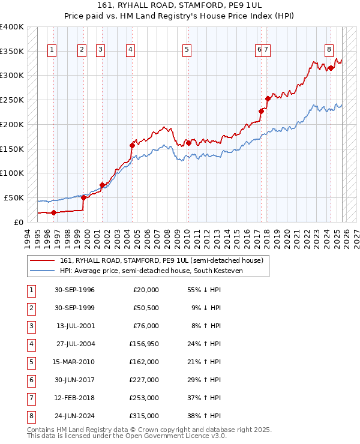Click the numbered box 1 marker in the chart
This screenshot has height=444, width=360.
53,50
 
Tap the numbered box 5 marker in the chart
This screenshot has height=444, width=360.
187,50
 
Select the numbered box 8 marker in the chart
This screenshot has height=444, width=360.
329,50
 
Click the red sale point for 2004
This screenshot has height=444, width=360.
132,145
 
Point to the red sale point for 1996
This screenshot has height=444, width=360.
53,212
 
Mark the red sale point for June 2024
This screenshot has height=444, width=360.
331,68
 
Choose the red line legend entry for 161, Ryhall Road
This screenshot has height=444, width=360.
161,260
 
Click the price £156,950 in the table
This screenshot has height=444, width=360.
144,344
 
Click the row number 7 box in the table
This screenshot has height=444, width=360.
30,398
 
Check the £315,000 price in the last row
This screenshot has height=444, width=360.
144,416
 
